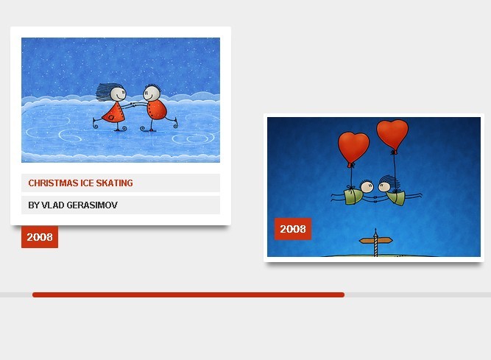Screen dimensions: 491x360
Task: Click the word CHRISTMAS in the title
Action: click(53, 183)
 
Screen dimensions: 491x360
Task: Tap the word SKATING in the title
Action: click(114, 183)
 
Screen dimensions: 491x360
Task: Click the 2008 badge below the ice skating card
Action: click(40, 237)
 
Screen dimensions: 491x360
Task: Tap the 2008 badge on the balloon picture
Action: click(293, 229)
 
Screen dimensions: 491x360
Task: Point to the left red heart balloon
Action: click(353, 148)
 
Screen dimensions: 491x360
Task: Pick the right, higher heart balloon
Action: click(392, 135)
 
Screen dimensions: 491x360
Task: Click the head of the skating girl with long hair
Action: click(119, 93)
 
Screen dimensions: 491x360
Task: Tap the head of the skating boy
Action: click(152, 93)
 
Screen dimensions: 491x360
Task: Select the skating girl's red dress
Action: click(114, 113)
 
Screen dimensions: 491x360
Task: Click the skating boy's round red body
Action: click(157, 110)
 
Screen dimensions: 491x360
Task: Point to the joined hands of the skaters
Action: click(133, 105)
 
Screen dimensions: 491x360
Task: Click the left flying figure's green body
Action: click(354, 197)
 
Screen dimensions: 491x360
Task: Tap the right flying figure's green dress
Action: click(396, 197)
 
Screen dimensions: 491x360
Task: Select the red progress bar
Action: click(188, 294)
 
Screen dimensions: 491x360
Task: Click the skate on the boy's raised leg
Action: click(175, 122)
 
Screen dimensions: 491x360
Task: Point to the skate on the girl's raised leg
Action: click(95, 124)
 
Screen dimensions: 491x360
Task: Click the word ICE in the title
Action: click(87, 183)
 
